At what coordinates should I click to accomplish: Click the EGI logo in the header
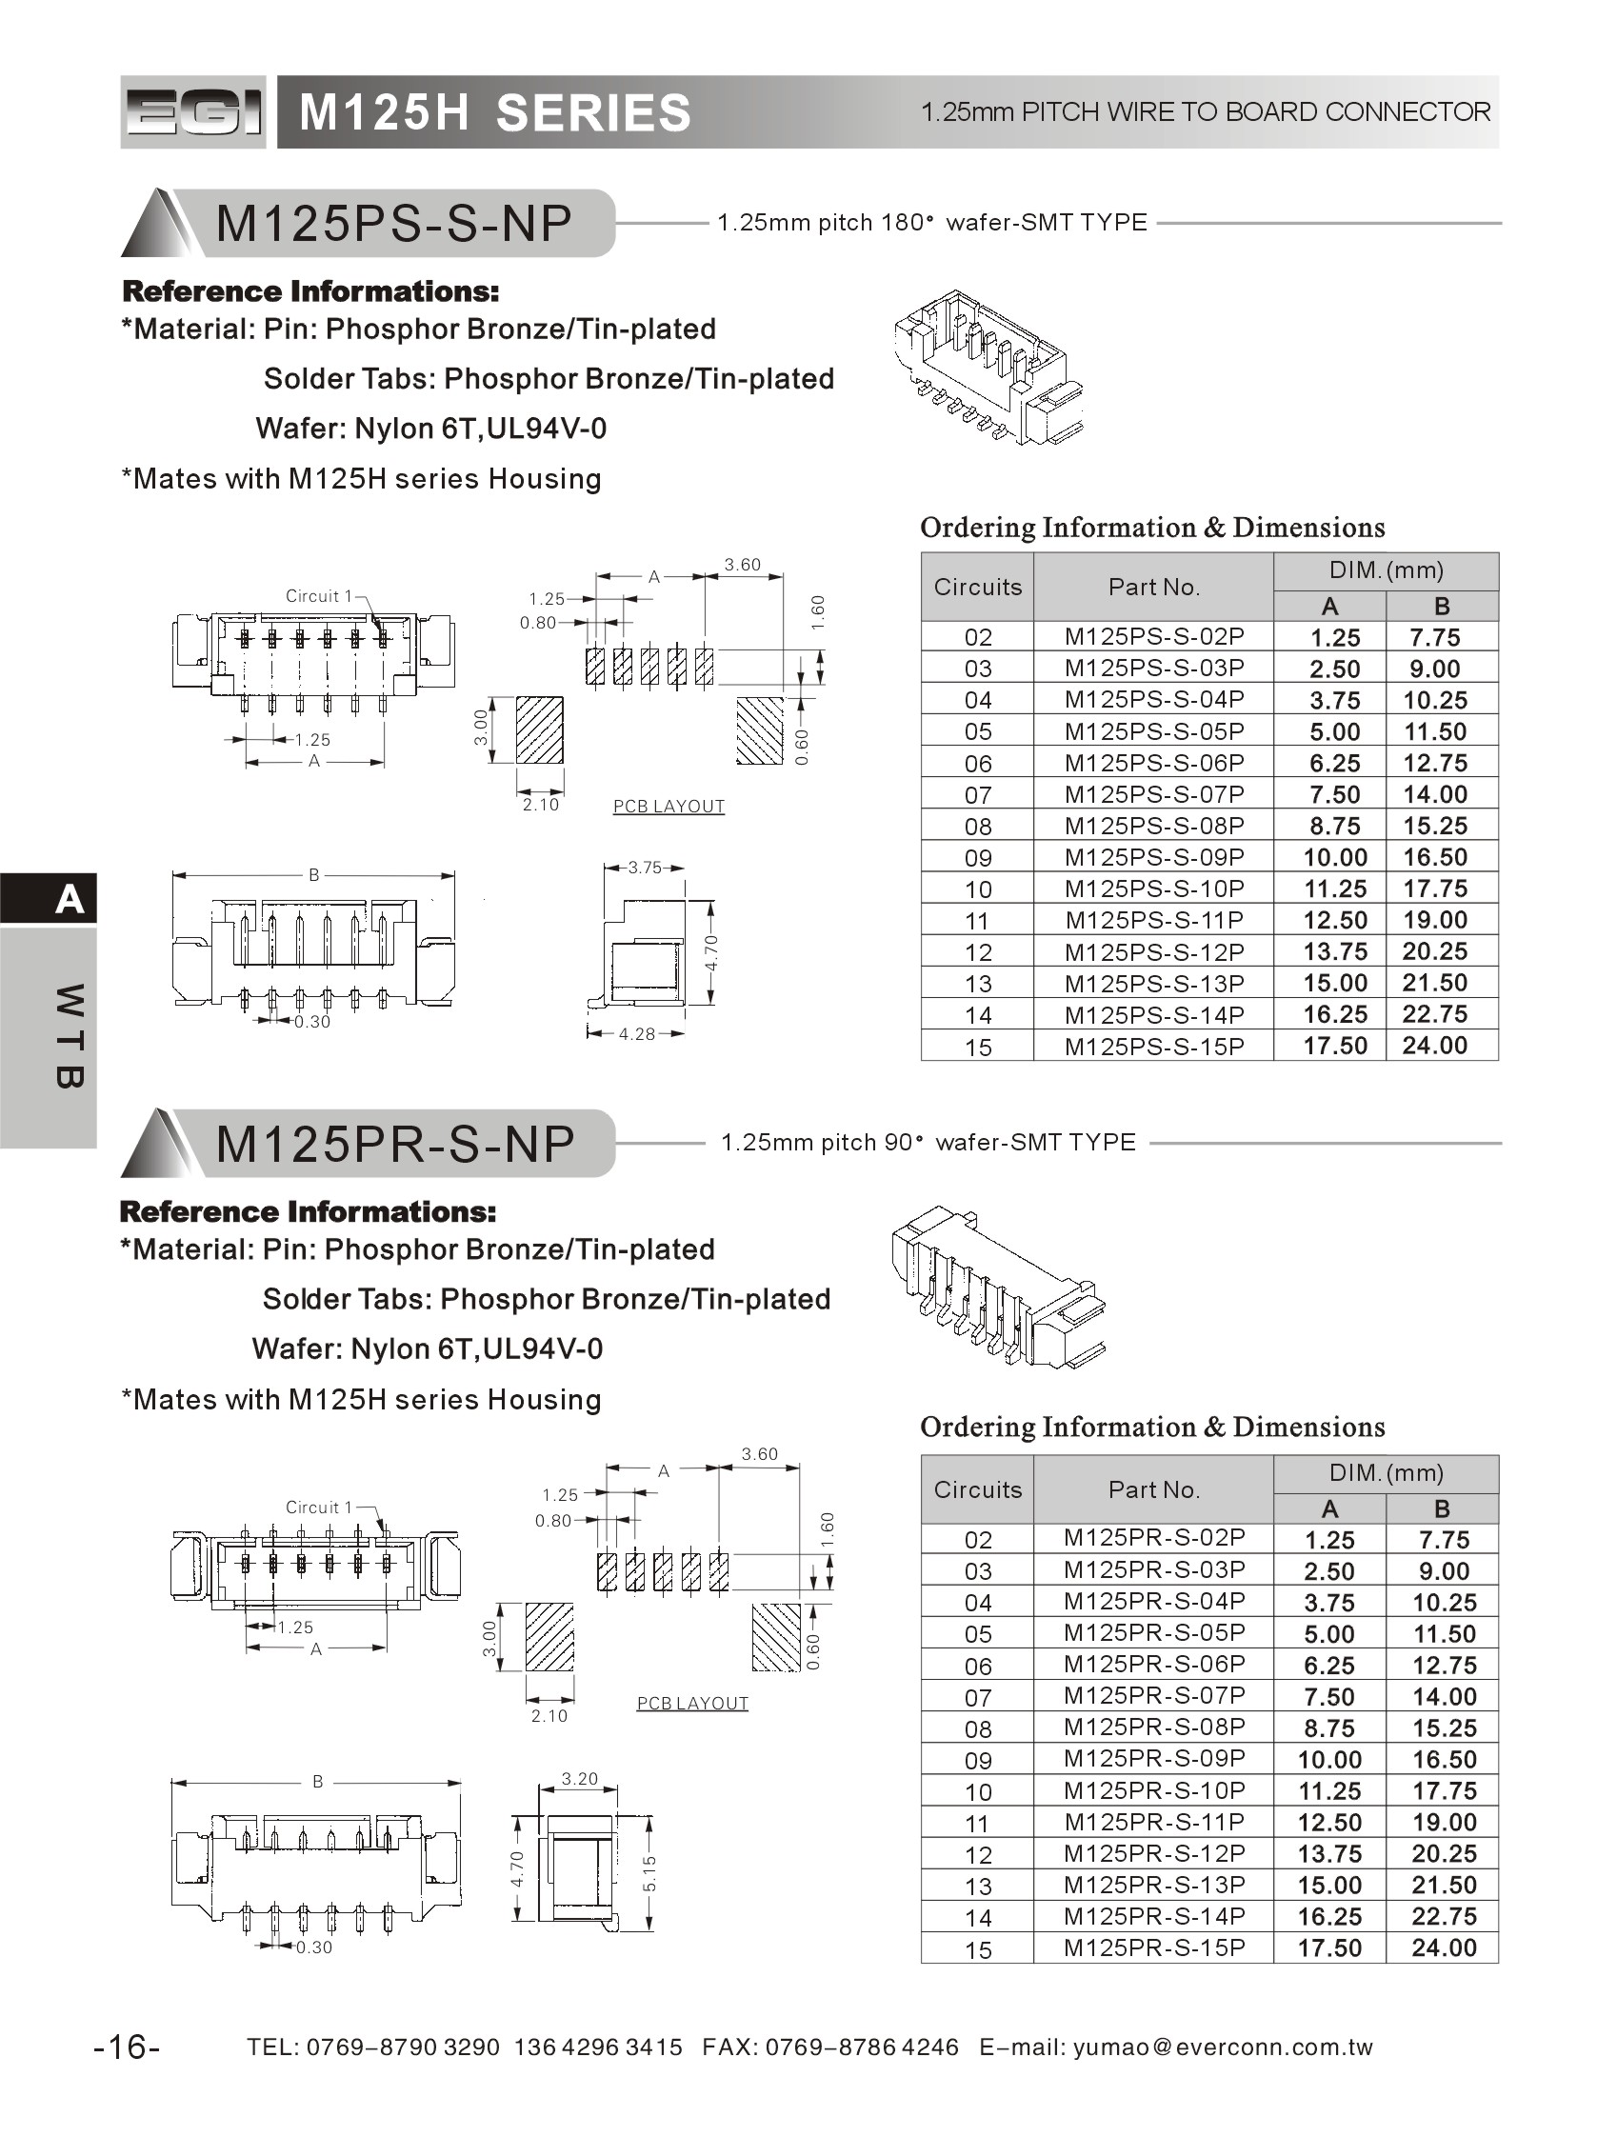[x=192, y=112]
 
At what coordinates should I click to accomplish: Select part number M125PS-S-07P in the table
[x=1152, y=794]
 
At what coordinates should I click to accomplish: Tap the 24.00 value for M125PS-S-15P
[x=1435, y=1046]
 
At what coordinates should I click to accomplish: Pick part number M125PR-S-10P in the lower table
[x=1152, y=1790]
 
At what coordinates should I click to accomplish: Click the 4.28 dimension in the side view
[x=636, y=1033]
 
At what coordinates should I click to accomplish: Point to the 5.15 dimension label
[x=649, y=1873]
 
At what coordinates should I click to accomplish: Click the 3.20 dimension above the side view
[x=580, y=1779]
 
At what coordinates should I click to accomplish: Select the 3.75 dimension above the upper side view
[x=645, y=868]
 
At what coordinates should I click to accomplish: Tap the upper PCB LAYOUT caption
[x=669, y=807]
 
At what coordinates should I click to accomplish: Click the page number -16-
[x=127, y=2047]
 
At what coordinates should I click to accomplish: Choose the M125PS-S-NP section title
[x=394, y=223]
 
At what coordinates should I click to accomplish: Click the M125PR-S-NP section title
[x=394, y=1144]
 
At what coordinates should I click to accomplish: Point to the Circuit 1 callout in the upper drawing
[x=319, y=596]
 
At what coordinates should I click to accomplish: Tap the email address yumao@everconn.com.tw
[x=1222, y=2047]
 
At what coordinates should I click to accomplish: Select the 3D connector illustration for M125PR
[x=996, y=1285]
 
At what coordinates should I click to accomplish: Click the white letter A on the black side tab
[x=69, y=899]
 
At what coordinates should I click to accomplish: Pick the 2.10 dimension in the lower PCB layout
[x=549, y=1716]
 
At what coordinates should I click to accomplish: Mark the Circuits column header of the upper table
[x=977, y=587]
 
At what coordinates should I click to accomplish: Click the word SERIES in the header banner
[x=593, y=113]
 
